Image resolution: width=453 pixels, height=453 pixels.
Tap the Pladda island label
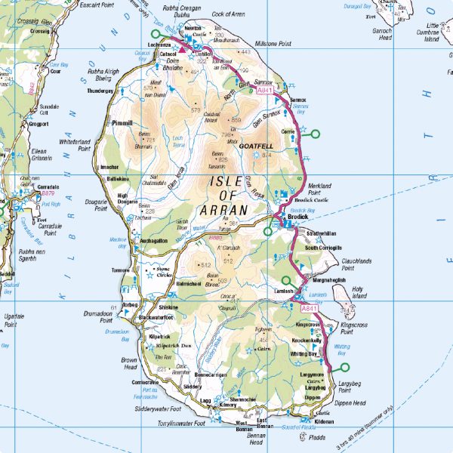[x=317, y=437]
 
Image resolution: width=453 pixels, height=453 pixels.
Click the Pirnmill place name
[x=121, y=122]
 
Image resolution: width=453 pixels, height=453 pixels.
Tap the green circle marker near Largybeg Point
[x=346, y=368]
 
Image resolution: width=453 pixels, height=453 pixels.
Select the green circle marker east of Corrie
[x=316, y=134]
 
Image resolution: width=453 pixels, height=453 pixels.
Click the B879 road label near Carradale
[x=32, y=194]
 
